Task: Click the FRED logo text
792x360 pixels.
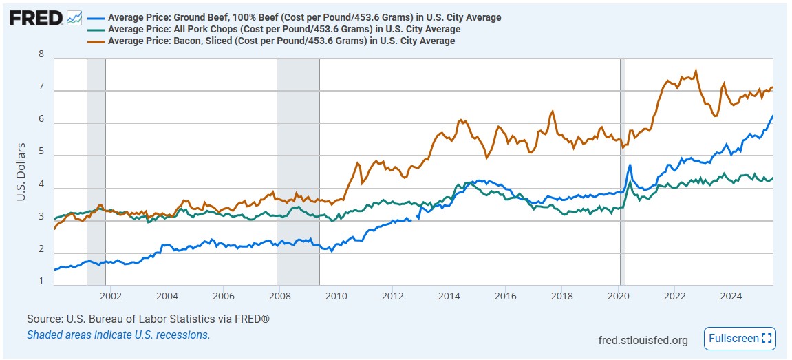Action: [35, 18]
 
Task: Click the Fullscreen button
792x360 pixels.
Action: [740, 339]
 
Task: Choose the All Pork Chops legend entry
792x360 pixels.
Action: [284, 29]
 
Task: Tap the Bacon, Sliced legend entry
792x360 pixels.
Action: [281, 41]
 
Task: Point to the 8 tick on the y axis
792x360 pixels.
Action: [41, 55]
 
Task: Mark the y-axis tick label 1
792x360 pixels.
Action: [41, 281]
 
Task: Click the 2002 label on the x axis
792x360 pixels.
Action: [111, 297]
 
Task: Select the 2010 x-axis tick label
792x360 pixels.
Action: [336, 297]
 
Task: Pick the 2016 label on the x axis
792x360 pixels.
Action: [506, 297]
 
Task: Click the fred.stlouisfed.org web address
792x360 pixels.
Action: [643, 340]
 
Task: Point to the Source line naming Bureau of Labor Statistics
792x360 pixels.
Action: [148, 319]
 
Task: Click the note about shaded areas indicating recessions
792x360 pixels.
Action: [118, 335]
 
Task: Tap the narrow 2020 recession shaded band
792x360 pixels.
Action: [623, 172]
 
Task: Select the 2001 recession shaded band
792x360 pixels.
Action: [96, 172]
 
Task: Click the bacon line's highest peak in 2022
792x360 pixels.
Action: [696, 70]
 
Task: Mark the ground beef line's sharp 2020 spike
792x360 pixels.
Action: [630, 165]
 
